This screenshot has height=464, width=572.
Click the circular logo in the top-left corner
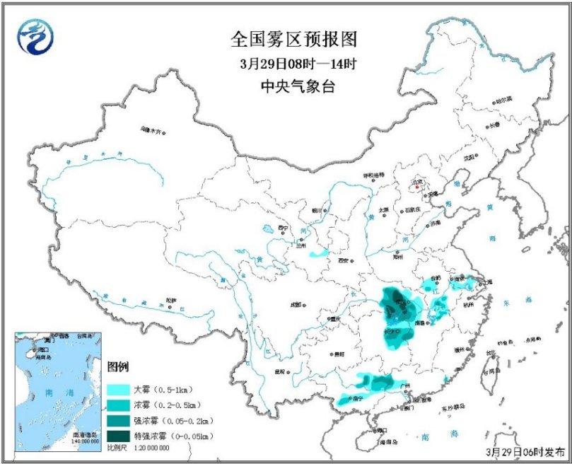[x=35, y=35]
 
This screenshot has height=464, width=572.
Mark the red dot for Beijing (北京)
[x=418, y=187]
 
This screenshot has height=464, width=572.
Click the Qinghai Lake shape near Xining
[x=267, y=230]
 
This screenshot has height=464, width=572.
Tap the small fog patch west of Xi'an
[x=320, y=253]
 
